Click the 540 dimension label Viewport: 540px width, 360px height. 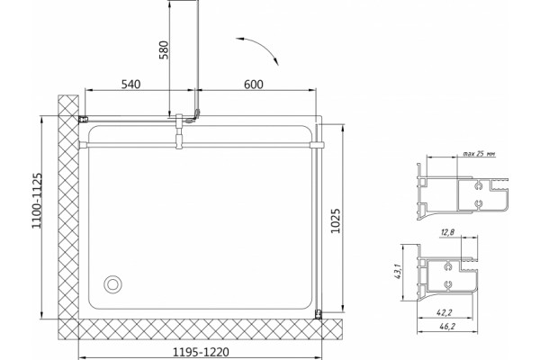coord(130,84)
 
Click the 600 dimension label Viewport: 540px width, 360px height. coord(254,84)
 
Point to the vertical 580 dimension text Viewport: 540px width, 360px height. coord(165,50)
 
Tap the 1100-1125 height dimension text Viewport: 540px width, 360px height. coord(37,201)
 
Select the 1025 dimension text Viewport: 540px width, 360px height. coord(336,220)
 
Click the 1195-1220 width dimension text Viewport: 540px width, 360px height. coord(201,352)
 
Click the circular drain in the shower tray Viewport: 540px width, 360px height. coord(112,284)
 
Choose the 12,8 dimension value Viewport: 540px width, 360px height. coord(447,232)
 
